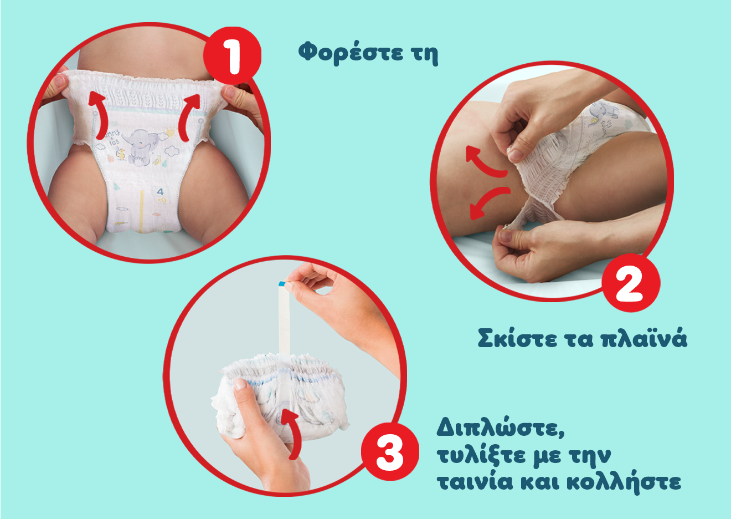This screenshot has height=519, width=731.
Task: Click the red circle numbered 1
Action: [x=232, y=55]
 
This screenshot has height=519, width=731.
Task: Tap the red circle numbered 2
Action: [x=631, y=283]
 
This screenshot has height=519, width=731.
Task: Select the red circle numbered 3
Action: [x=390, y=451]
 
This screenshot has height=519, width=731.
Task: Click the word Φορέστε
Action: [x=350, y=53]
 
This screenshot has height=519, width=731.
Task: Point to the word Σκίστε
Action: [x=517, y=339]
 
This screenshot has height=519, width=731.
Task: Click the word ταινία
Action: [x=475, y=482]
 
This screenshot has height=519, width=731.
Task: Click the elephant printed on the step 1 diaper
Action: [x=142, y=147]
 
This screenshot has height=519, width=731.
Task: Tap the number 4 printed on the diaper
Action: [x=160, y=191]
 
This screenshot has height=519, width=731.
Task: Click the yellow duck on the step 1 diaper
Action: [x=121, y=154]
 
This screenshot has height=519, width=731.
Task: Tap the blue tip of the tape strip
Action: [x=282, y=284]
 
